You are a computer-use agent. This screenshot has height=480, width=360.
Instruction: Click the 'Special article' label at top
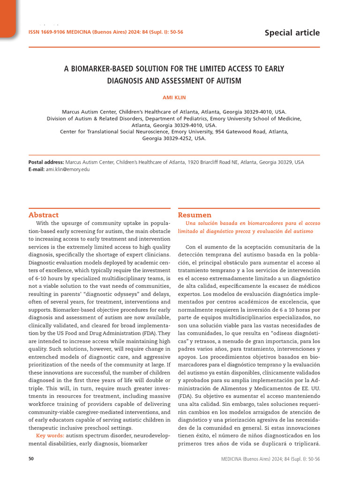coord(292,33)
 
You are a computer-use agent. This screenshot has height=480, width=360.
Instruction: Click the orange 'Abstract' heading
coord(44,215)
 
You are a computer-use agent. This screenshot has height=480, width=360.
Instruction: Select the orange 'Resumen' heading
coord(195,215)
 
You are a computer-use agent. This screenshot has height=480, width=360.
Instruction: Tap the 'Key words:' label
coord(50,436)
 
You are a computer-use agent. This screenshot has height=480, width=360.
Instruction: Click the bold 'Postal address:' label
coord(46,162)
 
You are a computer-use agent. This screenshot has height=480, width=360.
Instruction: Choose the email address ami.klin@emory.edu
coord(67,169)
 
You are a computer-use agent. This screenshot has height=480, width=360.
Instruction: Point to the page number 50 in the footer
coord(31,459)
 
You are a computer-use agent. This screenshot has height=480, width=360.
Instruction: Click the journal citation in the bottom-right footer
coord(270,459)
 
